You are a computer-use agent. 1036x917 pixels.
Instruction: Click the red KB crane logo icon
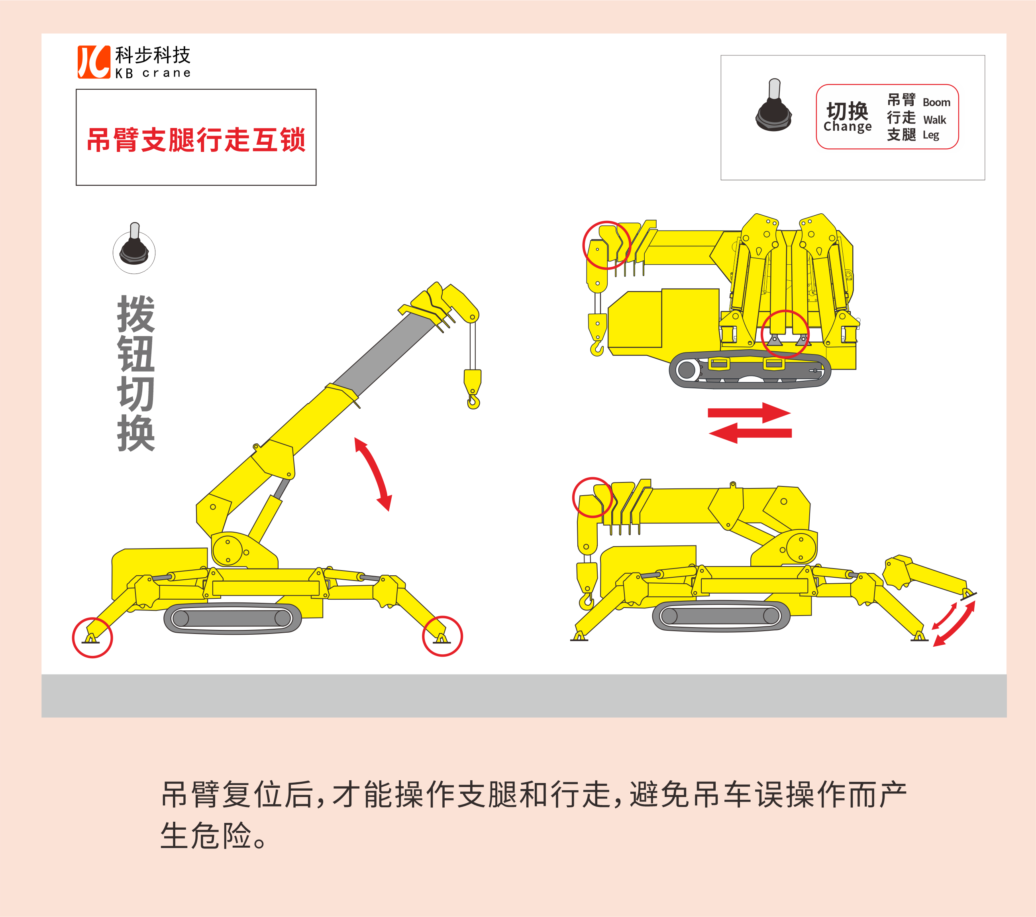pos(94,62)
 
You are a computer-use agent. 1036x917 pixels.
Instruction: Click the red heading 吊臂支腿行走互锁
pos(196,140)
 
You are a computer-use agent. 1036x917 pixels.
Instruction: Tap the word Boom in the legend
pos(936,102)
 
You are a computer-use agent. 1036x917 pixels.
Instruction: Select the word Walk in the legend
pos(935,120)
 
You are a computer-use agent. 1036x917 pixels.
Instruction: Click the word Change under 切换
pos(848,127)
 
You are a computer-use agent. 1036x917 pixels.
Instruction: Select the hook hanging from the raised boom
pos(473,390)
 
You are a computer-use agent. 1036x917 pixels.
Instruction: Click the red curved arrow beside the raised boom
pos(374,473)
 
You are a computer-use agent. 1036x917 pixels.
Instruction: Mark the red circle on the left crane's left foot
pos(92,638)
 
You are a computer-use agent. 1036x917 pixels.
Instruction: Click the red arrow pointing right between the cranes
pos(749,413)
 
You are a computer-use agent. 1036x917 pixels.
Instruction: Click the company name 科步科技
pos(153,55)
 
